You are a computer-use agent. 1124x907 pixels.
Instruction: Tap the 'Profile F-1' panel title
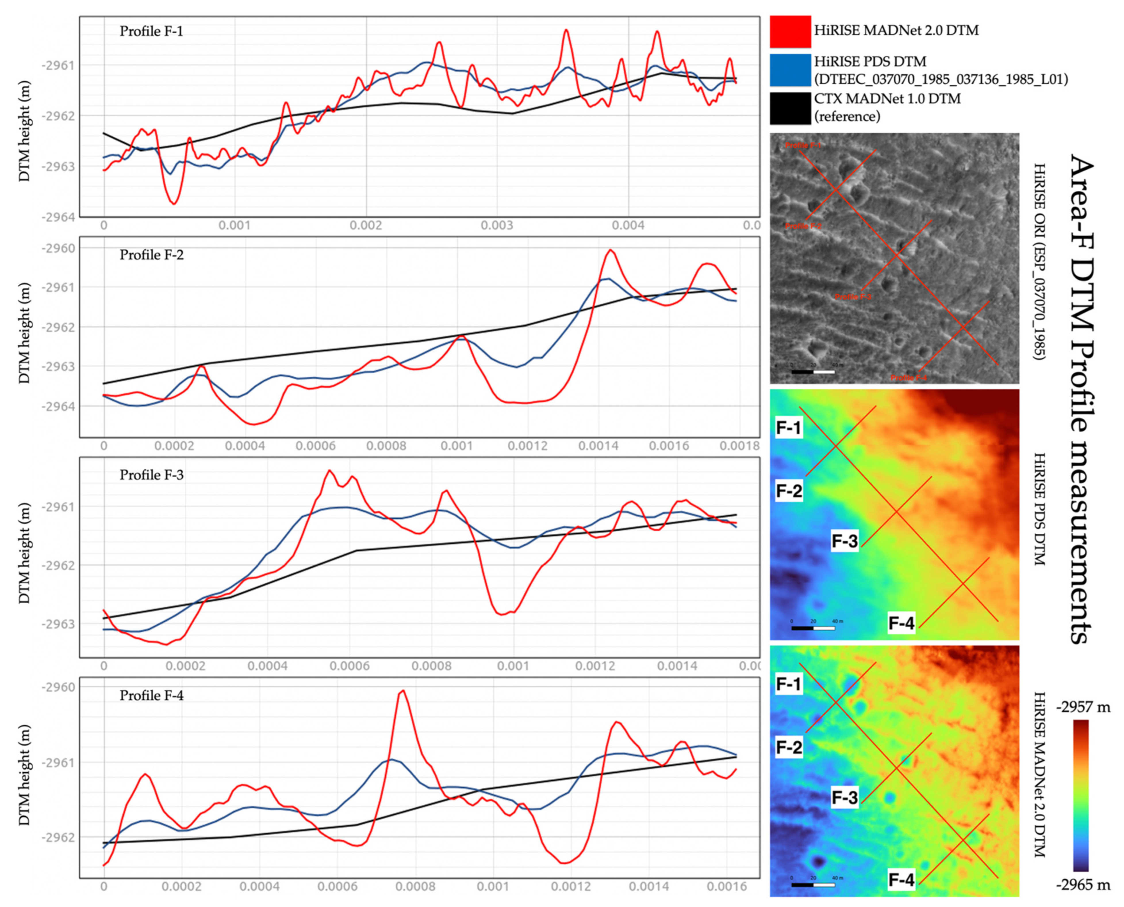click(x=151, y=31)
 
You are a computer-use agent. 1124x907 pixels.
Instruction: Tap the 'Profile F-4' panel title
click(x=151, y=695)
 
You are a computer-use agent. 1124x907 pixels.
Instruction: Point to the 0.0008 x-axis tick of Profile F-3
click(x=431, y=666)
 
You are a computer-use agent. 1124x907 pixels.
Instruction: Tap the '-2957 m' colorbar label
click(x=1083, y=707)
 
